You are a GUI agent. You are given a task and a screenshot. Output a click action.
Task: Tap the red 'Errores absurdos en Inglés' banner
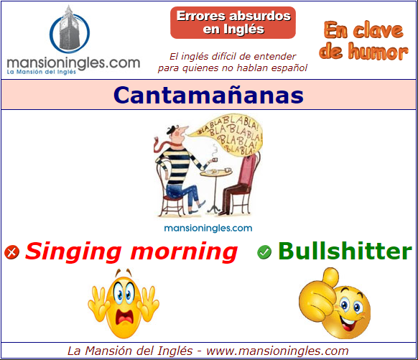point(233,23)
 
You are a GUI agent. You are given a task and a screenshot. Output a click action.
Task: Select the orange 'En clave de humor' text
point(363,40)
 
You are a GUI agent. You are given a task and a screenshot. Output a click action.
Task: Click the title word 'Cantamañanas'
point(208,95)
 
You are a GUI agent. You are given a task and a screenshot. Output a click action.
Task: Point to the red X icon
point(11,252)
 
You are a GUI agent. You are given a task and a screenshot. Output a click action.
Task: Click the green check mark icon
point(264,252)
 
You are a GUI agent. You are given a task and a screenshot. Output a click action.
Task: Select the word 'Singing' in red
point(73,252)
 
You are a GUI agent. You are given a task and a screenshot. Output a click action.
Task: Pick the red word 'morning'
point(184,252)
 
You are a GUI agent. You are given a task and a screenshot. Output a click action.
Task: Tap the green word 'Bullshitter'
point(345,251)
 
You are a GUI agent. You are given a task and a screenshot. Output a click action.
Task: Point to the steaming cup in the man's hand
point(215,160)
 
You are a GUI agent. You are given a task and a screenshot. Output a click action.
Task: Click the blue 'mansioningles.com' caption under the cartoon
point(208,229)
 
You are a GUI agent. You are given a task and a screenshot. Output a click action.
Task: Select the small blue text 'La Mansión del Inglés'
point(42,72)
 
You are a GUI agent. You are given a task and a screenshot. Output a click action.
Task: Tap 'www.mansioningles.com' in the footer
point(277,351)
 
